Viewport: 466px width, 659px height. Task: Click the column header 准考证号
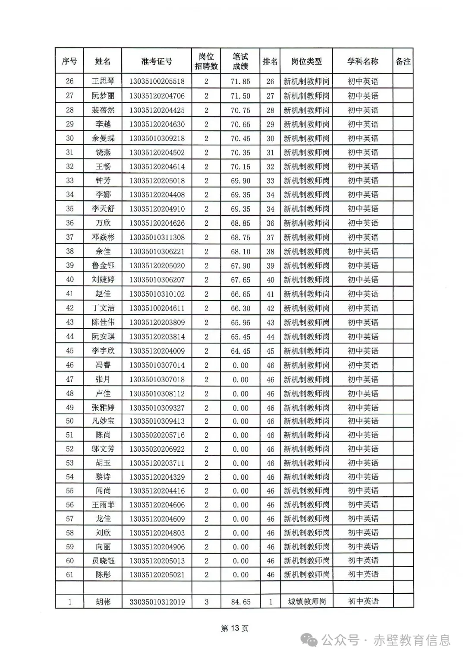(157, 61)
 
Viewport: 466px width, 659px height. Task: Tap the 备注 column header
(403, 61)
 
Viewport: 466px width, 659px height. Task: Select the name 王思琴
(103, 81)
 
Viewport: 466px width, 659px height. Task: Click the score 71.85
(240, 81)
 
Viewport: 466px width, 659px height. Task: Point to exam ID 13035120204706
(157, 96)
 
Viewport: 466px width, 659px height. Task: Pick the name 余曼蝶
(103, 138)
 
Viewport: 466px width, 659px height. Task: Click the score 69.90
(240, 181)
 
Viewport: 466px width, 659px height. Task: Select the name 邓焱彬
(103, 237)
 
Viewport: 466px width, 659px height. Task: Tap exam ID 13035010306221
(157, 251)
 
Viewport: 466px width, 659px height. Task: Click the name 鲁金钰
(103, 266)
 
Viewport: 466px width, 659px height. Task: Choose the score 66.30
(240, 308)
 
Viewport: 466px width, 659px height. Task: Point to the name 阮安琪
(103, 336)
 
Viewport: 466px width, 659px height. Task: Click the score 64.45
(240, 351)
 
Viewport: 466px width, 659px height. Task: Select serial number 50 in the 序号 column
(69, 421)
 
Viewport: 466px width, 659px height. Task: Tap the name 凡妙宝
(103, 421)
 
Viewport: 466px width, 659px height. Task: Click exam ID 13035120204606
(157, 505)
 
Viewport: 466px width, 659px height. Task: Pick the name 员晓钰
(103, 561)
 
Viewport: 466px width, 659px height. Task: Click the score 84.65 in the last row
(240, 602)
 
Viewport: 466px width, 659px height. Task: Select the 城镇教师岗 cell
(306, 602)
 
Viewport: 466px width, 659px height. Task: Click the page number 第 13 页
(234, 628)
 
